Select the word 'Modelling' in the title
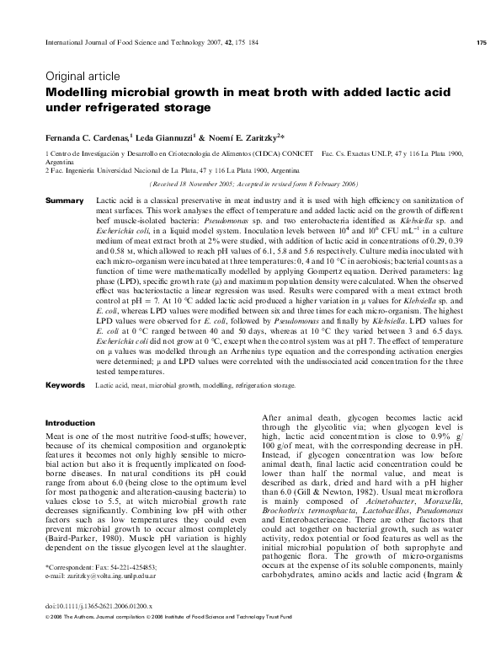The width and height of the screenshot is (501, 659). click(78, 93)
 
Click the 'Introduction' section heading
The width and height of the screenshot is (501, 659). click(70, 422)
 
